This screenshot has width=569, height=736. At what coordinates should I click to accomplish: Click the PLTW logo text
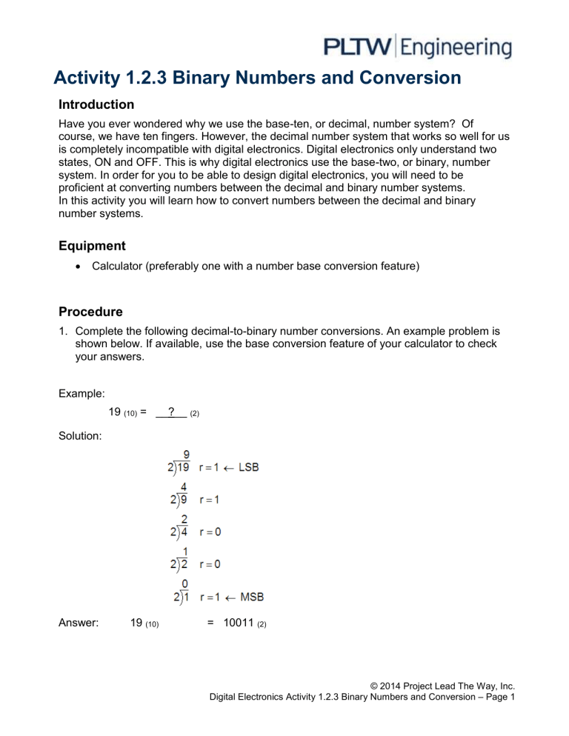click(x=359, y=48)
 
